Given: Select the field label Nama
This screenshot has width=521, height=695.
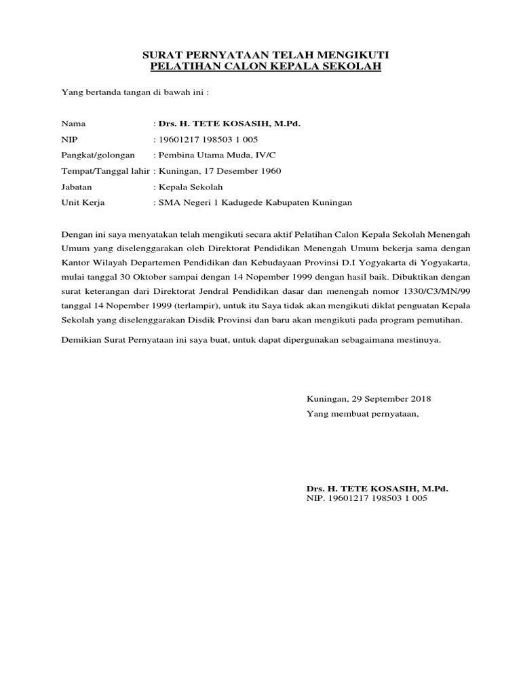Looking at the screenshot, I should [74, 124].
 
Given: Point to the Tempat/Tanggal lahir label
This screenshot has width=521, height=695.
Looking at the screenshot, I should [106, 171].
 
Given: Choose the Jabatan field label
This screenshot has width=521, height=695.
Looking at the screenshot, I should [77, 187].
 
